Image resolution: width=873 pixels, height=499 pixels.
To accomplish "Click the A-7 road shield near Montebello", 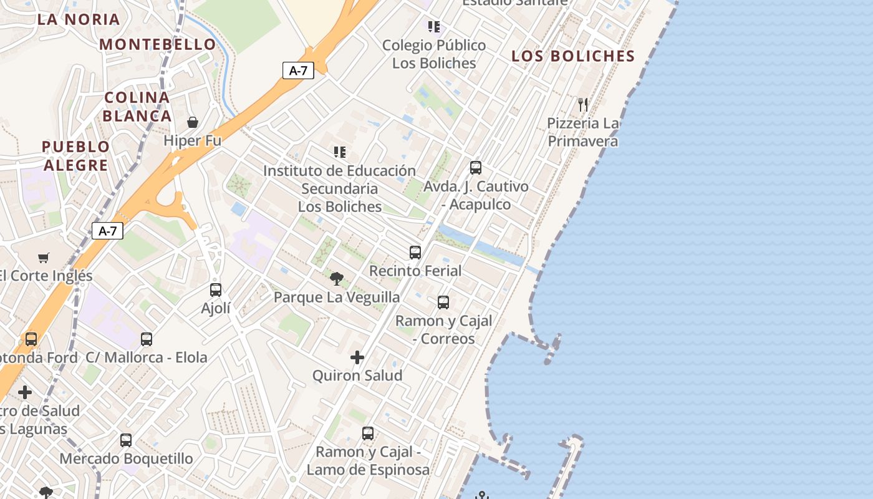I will tap(298, 70).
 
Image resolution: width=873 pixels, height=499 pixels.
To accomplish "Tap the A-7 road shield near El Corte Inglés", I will tap(108, 231).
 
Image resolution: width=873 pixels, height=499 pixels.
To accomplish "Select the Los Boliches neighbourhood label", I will tap(573, 56).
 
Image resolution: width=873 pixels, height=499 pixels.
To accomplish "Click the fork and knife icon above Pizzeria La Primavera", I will tap(583, 105).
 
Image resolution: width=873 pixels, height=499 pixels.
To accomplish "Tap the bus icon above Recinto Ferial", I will tap(415, 253).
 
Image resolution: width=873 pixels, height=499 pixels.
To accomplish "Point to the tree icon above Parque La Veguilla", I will tap(337, 278).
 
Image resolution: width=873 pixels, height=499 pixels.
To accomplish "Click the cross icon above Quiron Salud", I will tap(357, 357).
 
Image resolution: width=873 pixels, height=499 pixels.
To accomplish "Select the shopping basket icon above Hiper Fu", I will tap(193, 122).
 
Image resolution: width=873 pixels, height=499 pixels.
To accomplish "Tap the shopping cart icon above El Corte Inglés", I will tap(44, 258).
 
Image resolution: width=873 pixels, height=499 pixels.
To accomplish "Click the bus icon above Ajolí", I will tap(216, 290).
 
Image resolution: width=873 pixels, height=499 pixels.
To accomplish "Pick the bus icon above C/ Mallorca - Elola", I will tap(147, 339).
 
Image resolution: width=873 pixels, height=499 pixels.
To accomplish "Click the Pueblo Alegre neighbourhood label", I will tap(75, 156).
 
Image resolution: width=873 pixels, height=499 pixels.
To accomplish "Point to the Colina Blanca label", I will tap(137, 107).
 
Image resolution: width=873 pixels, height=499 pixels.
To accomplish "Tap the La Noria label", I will tap(79, 19).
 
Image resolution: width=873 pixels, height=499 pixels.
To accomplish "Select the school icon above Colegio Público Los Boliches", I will tap(434, 27).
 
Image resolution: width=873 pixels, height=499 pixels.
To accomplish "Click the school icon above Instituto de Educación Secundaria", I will tap(340, 152).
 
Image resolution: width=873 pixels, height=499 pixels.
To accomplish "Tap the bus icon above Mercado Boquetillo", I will tap(126, 440).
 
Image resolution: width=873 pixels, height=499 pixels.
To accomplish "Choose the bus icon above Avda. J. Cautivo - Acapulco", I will tap(476, 168).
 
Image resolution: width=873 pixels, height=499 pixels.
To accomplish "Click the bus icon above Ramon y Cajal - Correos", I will tap(443, 303).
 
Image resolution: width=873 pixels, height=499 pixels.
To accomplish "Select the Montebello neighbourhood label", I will tap(158, 44).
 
